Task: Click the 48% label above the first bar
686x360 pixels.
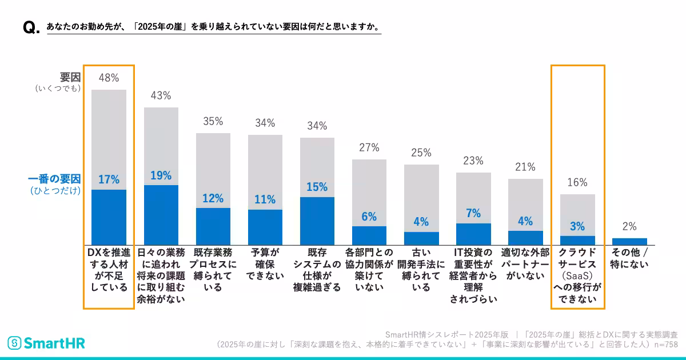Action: click(x=109, y=77)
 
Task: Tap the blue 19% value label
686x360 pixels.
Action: click(x=161, y=175)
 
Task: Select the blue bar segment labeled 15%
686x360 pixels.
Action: click(x=317, y=221)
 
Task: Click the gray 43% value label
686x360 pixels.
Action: click(x=161, y=95)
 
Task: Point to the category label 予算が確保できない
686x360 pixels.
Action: click(x=265, y=263)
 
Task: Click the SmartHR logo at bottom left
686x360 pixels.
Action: click(x=46, y=343)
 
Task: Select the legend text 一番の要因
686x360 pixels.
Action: click(x=54, y=179)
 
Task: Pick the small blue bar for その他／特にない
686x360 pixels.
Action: click(x=629, y=241)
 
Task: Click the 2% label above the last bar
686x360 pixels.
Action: click(x=629, y=226)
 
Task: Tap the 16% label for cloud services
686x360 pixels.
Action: click(x=577, y=182)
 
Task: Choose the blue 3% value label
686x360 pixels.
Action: click(x=577, y=226)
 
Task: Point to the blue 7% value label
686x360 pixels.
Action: click(x=473, y=213)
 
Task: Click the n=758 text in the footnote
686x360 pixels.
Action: click(x=665, y=345)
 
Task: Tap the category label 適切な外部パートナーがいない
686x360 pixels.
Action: click(x=525, y=263)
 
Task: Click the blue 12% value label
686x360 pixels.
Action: click(x=213, y=198)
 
